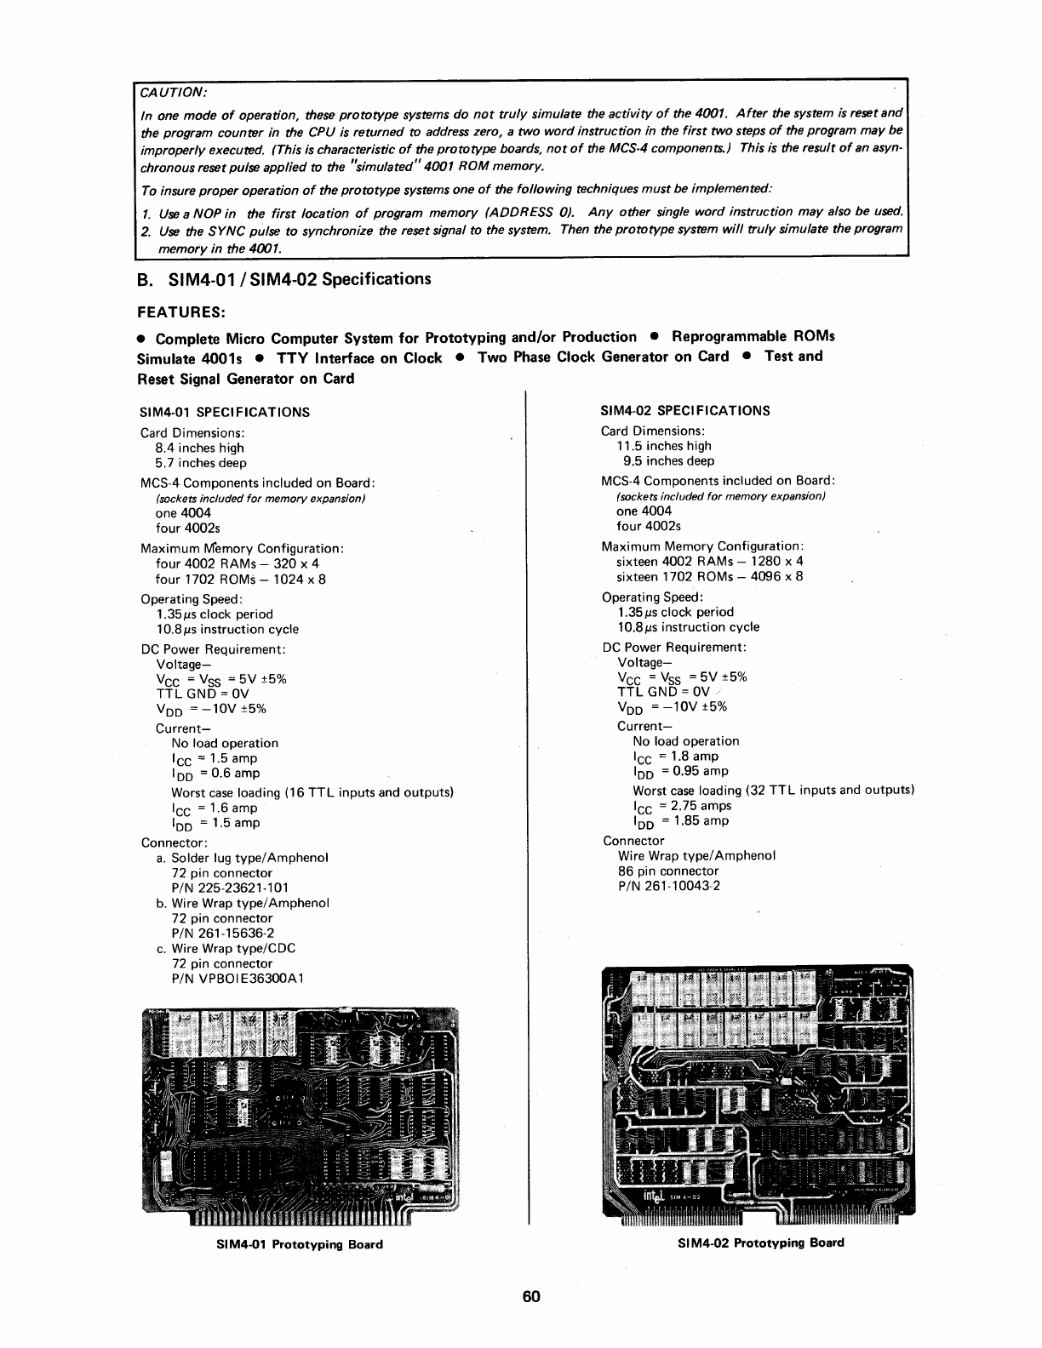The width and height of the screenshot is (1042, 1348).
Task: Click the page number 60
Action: point(532,1297)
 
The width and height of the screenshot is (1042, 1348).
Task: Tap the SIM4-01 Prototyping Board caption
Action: point(301,1244)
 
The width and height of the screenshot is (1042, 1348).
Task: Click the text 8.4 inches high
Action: point(199,448)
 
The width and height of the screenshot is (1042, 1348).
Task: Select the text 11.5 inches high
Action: point(663,446)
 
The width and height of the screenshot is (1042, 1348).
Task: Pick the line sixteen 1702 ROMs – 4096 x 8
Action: point(709,576)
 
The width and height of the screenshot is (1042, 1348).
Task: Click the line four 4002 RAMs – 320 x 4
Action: point(238,563)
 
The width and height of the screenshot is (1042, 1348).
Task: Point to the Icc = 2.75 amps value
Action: point(682,806)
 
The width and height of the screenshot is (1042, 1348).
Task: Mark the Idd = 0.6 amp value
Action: point(216,774)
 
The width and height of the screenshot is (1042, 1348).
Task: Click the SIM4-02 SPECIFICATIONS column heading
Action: point(684,410)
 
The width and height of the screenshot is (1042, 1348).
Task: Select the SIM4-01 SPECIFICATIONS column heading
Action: point(224,412)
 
